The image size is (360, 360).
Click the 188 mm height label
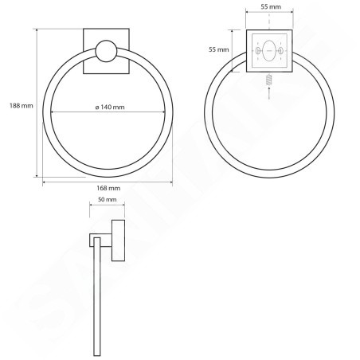pos(22,106)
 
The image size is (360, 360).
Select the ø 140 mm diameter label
pos(110,108)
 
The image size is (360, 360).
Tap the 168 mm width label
pos(108,188)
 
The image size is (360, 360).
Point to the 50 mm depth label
pos(108,199)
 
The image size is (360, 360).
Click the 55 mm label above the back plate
pos(271,6)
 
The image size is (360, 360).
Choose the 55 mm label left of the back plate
pos(218,49)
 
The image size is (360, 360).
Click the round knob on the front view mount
pos(106,51)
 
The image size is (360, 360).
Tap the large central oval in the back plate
pos(269,50)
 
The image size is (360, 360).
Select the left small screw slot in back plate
pos(257,50)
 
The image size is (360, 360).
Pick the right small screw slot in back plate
pos(280,50)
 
